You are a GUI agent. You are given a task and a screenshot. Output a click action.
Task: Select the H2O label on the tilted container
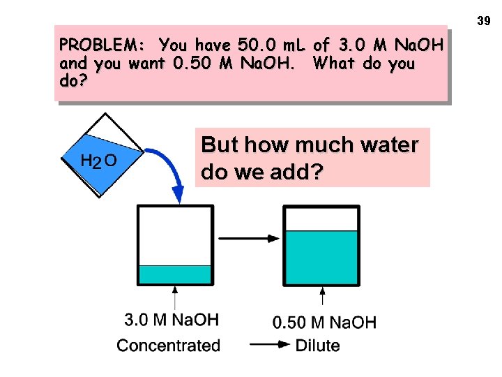98,161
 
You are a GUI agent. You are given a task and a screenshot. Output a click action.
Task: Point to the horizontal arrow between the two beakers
249,239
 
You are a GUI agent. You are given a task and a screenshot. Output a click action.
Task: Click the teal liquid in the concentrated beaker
174,274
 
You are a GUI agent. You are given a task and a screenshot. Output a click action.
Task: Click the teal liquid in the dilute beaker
322,257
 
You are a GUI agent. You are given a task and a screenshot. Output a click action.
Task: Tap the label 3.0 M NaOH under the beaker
172,320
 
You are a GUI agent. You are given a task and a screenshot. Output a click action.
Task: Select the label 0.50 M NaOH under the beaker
324,323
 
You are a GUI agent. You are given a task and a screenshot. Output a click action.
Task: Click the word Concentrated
169,345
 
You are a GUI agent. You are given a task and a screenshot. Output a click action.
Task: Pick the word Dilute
318,345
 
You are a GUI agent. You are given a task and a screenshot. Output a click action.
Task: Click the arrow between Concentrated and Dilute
269,344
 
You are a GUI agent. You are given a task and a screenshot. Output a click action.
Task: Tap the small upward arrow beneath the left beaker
174,297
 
